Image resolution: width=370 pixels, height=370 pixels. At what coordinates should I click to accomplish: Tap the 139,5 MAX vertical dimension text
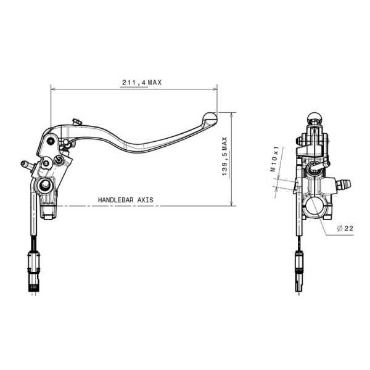225,158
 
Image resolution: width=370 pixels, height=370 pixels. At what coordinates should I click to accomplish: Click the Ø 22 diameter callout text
345,228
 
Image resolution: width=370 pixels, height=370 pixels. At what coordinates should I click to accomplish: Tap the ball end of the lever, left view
210,115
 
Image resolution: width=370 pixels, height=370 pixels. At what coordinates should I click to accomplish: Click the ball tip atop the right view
315,117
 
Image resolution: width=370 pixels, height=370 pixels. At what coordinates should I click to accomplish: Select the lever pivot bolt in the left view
59,161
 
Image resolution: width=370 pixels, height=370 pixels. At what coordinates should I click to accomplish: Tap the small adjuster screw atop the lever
76,121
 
